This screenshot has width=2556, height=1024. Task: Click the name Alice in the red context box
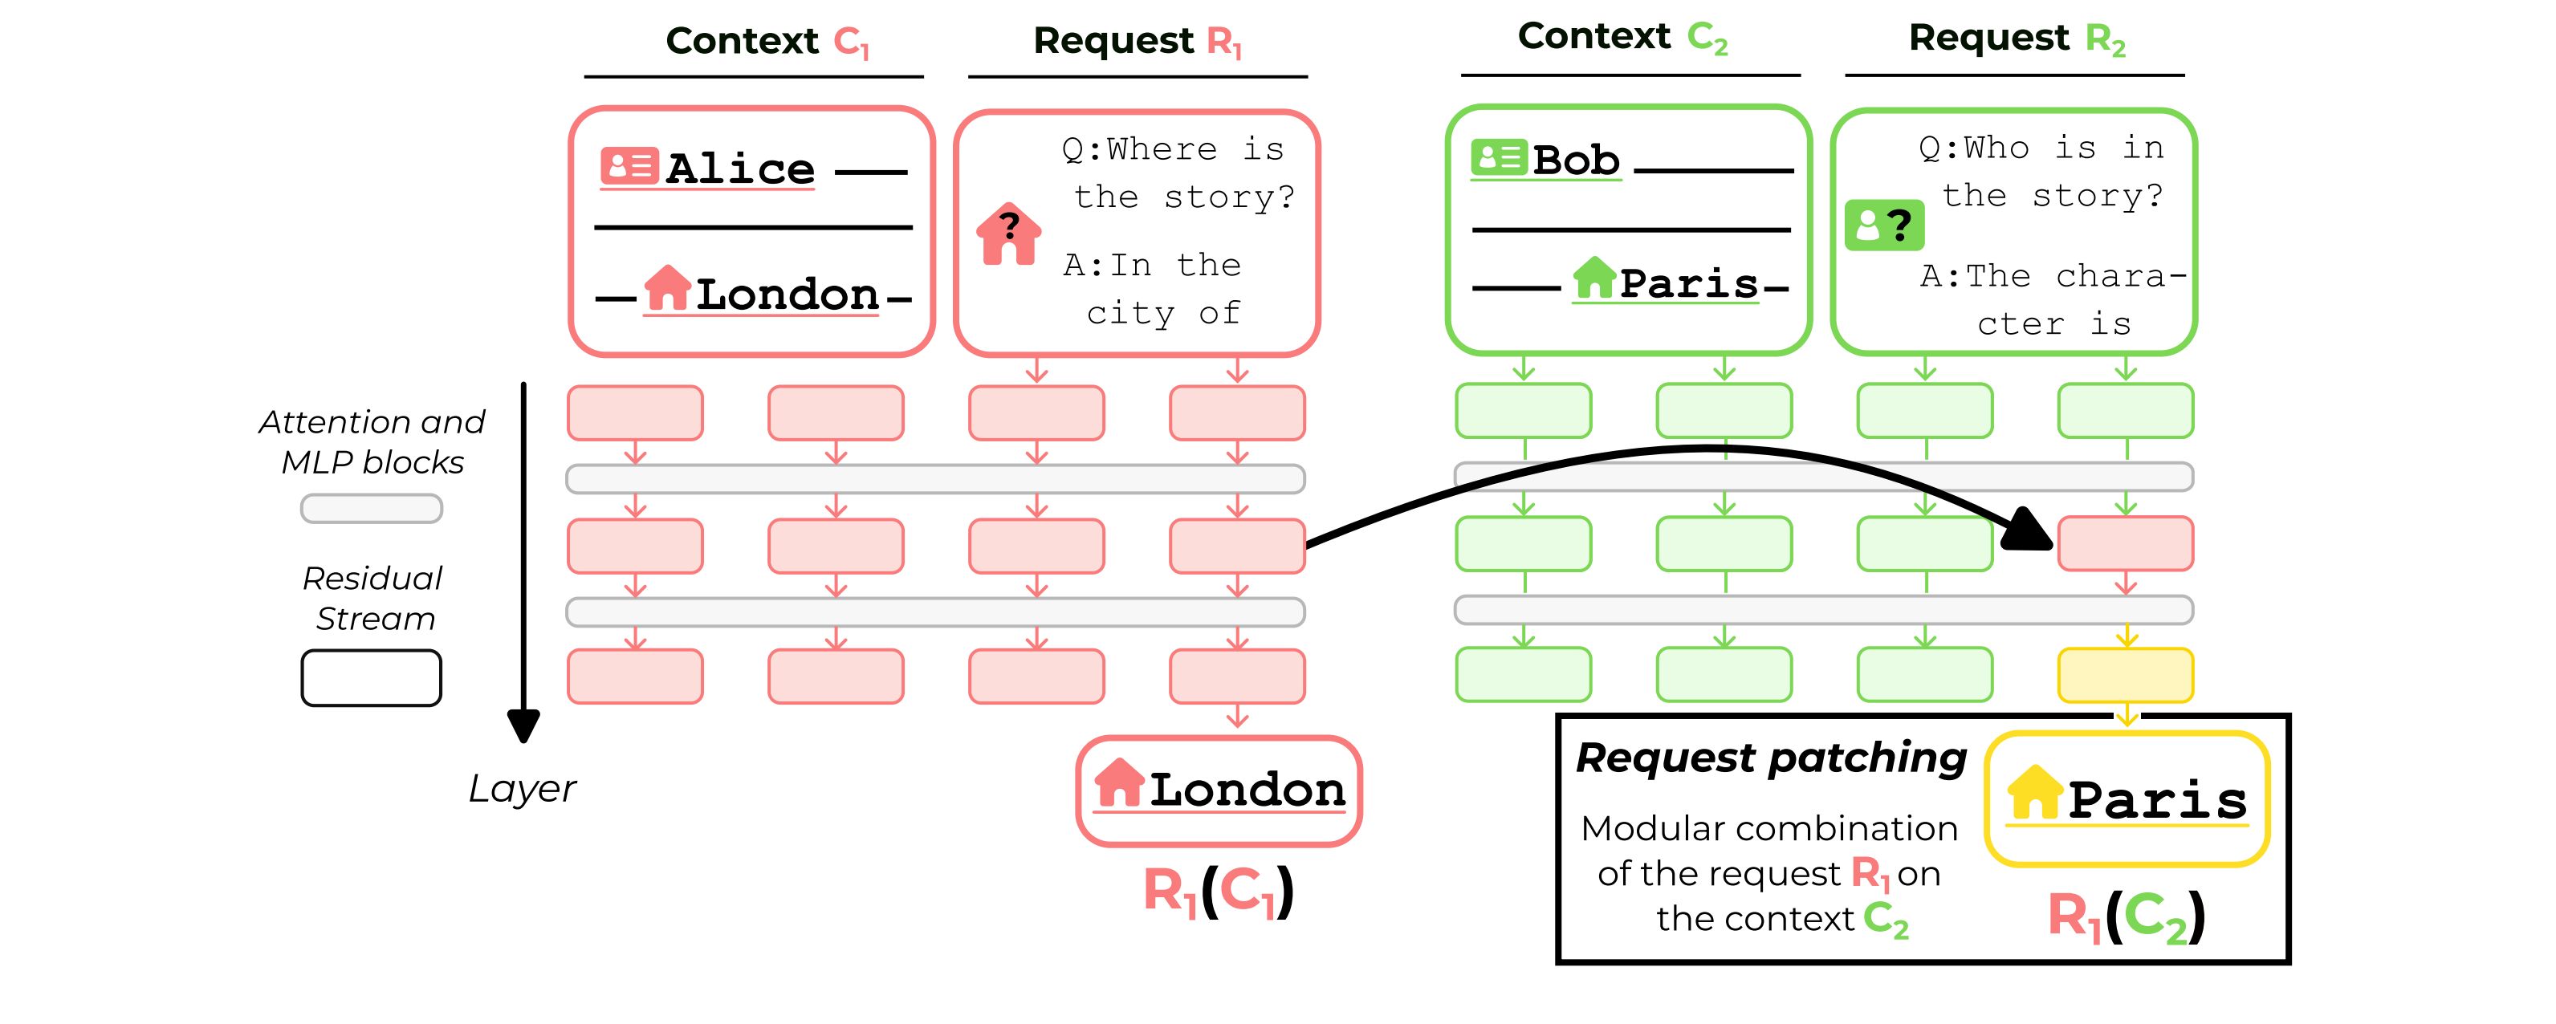point(740,168)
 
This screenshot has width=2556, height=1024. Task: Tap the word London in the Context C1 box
point(787,294)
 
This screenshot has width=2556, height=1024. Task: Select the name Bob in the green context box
point(1576,160)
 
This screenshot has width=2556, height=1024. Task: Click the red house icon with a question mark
point(1009,234)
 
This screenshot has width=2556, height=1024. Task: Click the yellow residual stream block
point(2126,676)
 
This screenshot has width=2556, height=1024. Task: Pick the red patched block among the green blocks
point(2126,544)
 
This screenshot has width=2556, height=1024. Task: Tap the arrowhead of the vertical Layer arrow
point(523,726)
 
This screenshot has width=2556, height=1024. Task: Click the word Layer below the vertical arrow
point(522,789)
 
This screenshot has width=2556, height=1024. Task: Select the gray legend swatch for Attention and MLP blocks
point(371,509)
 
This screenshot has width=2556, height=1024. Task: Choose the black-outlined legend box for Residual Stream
point(371,677)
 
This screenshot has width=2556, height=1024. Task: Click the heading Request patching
point(1771,758)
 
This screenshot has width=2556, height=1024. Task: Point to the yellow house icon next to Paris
point(2034,793)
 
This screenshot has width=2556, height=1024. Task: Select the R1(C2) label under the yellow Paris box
point(2127,916)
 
